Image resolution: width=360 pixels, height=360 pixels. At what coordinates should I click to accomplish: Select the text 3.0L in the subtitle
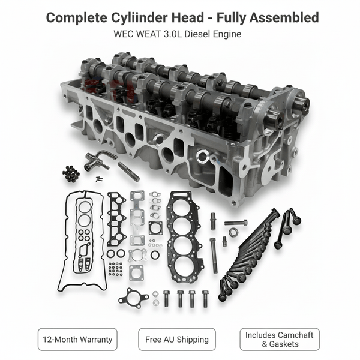pos(170,34)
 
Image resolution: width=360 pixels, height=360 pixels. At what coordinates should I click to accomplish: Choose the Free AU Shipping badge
pos(177,339)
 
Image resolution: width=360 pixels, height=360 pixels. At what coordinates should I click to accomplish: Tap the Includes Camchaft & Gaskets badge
pos(279,339)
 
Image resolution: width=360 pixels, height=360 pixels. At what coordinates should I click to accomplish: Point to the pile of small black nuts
pos(71,173)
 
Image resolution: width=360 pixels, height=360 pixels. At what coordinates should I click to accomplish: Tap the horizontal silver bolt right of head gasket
pos(236,223)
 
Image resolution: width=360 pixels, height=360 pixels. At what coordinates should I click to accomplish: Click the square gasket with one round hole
pos(155,227)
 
